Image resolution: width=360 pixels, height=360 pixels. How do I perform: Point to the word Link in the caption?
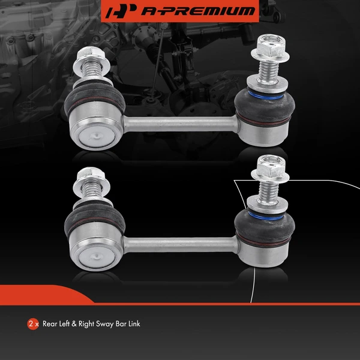(x=134, y=323)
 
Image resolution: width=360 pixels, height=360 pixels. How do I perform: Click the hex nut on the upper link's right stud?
(x=265, y=47)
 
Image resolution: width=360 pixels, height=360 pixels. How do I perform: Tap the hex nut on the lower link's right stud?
(x=265, y=167)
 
